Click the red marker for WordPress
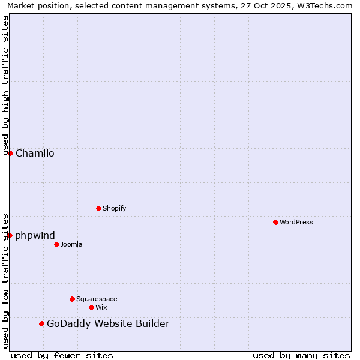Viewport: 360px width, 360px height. pos(275,222)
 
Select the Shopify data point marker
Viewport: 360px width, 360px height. pos(98,208)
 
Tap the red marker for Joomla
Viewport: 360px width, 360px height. pos(56,244)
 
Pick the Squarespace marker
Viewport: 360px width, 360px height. pos(72,299)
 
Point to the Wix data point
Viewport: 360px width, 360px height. pos(91,307)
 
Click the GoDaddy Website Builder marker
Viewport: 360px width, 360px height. pos(41,323)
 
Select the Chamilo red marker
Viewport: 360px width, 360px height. pos(10,153)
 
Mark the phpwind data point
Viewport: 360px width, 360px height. pos(10,235)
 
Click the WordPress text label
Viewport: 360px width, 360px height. pos(296,222)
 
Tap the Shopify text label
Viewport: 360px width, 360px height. pos(114,208)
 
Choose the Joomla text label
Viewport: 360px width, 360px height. pos(71,244)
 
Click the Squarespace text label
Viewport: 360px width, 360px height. pos(97,299)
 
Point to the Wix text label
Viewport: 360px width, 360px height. pos(101,307)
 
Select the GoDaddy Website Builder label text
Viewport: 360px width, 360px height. pos(108,324)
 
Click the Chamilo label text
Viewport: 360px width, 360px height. pos(35,153)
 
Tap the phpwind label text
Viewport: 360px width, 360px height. pos(35,235)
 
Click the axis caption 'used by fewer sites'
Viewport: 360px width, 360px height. pos(62,355)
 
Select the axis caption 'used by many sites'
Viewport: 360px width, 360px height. pos(301,355)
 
